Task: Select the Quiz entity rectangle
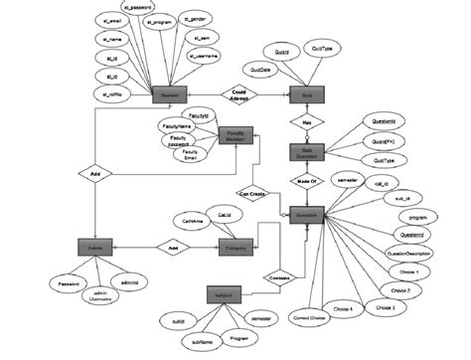point(306,96)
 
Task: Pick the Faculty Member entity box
point(236,138)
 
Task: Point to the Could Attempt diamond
point(238,93)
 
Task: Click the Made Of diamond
point(306,181)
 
